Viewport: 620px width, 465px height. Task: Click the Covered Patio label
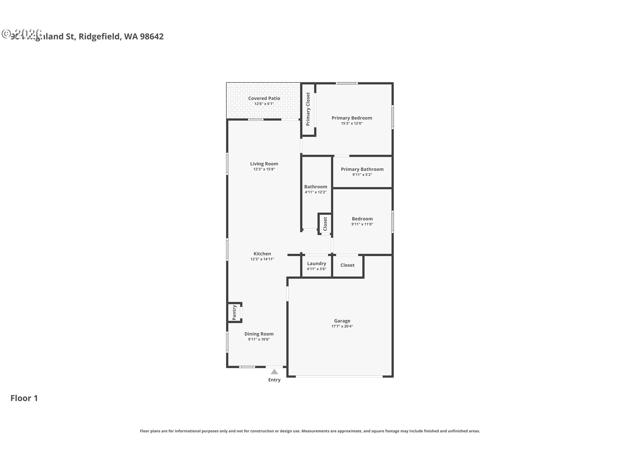pos(264,98)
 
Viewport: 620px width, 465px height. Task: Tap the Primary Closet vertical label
pos(308,109)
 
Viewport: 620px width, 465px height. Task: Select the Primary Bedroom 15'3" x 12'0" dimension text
pos(352,123)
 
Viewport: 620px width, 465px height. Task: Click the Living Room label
pos(264,164)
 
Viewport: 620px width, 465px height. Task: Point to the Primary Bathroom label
pos(362,169)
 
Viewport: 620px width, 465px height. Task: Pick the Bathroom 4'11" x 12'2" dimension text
pos(315,192)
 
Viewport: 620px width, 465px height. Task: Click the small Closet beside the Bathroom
pos(325,223)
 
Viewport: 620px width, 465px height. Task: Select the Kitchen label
pos(262,254)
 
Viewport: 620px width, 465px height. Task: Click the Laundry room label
pos(316,263)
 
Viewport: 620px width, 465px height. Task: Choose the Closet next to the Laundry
pos(347,265)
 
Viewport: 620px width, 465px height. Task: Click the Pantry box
pos(235,312)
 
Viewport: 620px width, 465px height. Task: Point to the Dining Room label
pos(259,334)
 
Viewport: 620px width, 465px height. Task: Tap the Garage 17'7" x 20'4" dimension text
pos(342,326)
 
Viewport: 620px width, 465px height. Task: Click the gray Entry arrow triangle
pos(274,372)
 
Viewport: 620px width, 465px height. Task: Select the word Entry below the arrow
pos(274,380)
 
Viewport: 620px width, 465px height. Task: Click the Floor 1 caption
pos(24,398)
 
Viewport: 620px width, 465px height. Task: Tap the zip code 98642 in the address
pos(152,36)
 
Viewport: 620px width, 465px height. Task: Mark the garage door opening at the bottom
pos(339,376)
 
